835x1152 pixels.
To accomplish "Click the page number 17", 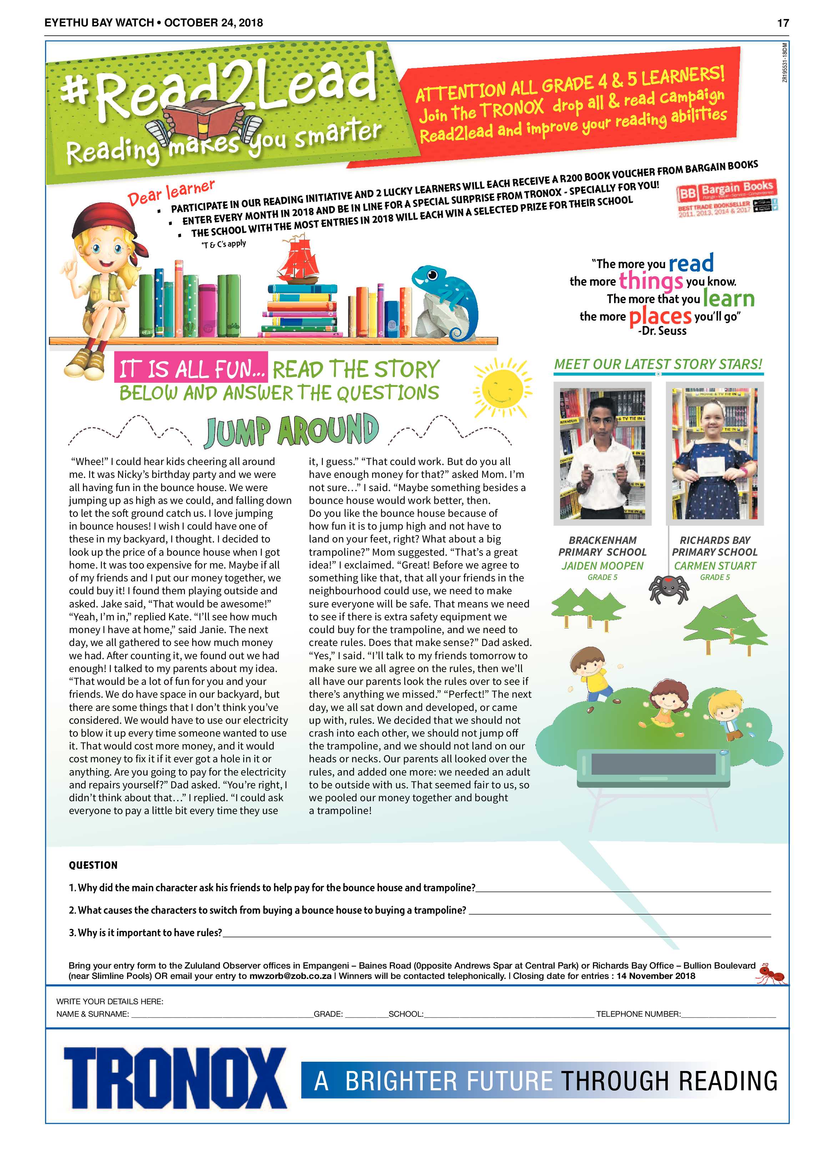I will click(783, 23).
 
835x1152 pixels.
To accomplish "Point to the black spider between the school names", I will click(669, 588).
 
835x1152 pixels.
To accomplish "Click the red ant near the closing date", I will click(771, 973).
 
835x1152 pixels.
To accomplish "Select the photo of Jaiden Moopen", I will click(602, 453).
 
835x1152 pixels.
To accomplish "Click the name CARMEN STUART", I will click(715, 565).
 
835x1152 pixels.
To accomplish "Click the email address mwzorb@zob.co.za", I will click(290, 976).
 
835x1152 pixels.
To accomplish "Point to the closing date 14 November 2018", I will click(655, 976).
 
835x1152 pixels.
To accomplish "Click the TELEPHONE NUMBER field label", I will click(638, 1014).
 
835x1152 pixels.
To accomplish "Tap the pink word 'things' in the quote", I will click(650, 281).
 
